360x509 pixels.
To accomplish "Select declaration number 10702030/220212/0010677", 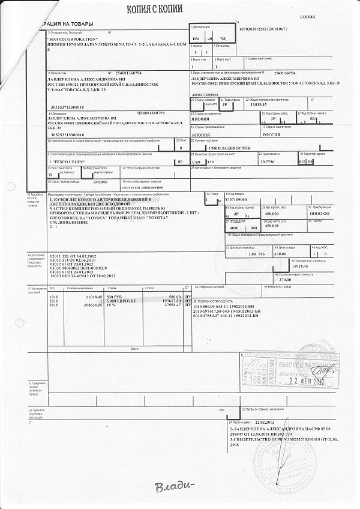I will tap(272, 29).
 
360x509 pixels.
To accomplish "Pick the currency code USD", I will tap(196, 162).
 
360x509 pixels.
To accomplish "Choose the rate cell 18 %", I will tap(112, 306).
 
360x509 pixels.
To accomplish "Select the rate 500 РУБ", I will tap(116, 297).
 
